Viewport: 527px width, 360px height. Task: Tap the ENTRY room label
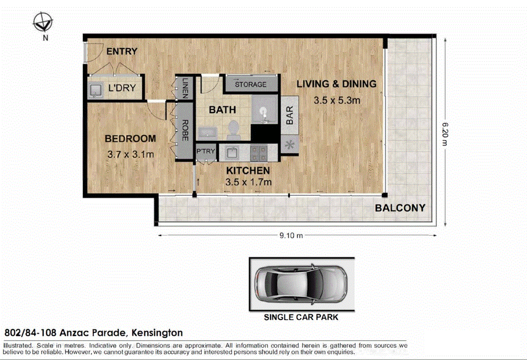point(121,51)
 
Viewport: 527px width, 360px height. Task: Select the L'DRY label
point(122,88)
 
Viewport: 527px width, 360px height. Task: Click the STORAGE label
point(251,85)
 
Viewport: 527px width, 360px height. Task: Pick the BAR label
point(290,115)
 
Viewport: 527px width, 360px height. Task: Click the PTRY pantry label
point(206,151)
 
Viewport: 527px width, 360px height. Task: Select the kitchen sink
point(233,152)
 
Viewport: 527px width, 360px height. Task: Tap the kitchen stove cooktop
point(259,152)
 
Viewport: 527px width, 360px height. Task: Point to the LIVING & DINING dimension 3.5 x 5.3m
point(337,100)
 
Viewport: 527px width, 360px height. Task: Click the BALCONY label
point(400,208)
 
